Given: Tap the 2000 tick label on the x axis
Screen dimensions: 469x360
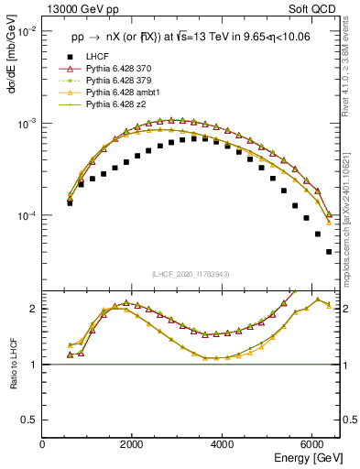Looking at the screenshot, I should pos(132,442).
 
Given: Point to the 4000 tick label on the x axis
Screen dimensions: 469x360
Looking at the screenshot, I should pos(222,442).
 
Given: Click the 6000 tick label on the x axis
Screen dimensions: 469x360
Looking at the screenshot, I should pos(311,442).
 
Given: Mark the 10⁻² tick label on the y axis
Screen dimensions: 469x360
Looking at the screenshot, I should pos(27,31).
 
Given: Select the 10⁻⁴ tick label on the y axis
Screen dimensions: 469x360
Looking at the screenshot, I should pos(27,216).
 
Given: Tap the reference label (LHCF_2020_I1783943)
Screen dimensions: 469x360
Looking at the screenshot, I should pos(191,274).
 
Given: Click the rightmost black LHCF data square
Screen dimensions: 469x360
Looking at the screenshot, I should pos(329,252).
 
